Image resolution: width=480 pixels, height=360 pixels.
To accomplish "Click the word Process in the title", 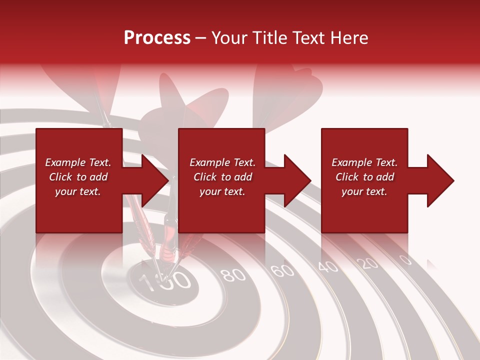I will (157, 38).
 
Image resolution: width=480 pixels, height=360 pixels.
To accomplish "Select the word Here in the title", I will (349, 38).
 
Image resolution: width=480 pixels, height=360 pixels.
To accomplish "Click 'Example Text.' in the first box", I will (78, 162).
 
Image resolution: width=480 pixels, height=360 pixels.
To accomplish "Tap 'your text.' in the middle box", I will (222, 191).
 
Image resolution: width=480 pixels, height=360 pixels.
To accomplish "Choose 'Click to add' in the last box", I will (364, 177).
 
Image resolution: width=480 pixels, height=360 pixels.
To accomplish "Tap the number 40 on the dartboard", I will (328, 266).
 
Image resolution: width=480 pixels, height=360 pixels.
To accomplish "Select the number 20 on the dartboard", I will (369, 263).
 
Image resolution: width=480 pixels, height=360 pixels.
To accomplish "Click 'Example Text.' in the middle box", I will (222, 162).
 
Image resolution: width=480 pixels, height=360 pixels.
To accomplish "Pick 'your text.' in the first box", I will (78, 191).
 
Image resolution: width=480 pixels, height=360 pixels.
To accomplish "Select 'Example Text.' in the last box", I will (364, 162).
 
